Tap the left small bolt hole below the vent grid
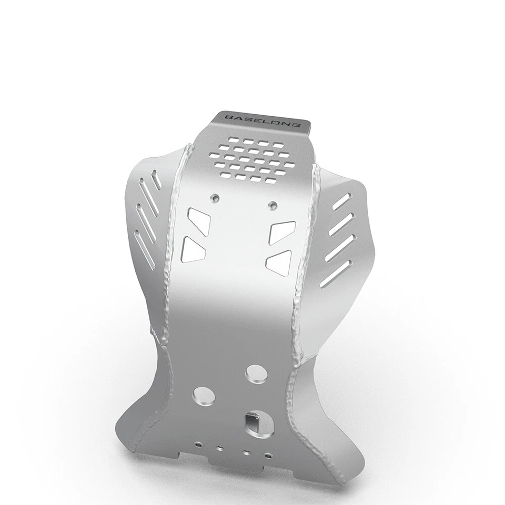tap(214, 198)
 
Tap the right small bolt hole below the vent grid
tap(271, 204)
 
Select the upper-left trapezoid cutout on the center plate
tap(199, 219)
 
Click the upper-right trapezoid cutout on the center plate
tap(282, 232)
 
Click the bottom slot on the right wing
tap(335, 274)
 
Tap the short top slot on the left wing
tap(156, 179)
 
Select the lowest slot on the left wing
tap(145, 250)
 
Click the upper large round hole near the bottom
tap(256, 374)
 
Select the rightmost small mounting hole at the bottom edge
tap(268, 456)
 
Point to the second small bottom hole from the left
tap(220, 448)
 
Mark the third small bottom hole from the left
tap(246, 452)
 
